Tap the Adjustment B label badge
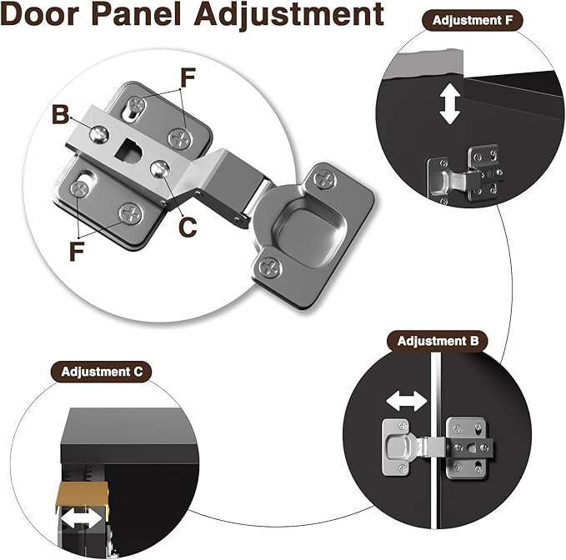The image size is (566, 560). tap(438, 340)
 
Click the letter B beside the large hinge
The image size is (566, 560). tap(61, 114)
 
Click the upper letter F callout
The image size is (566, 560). tap(188, 77)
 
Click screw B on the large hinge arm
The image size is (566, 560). tap(98, 132)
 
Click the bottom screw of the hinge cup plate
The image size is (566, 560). tap(269, 267)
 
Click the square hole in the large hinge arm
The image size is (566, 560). tap(132, 152)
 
